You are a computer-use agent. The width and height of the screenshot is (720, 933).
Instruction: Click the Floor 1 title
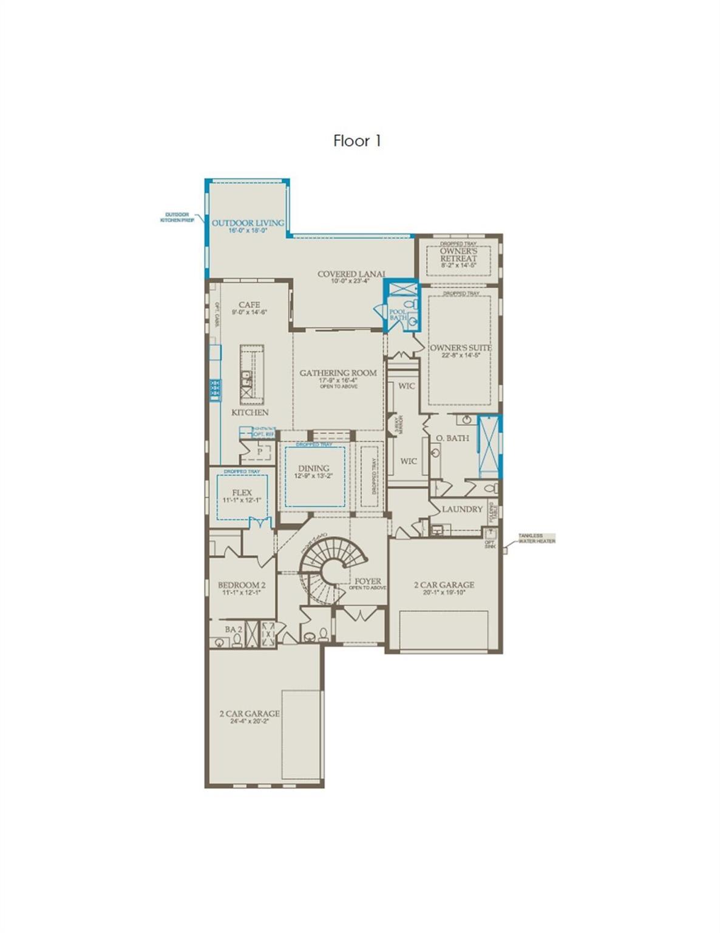pyautogui.click(x=357, y=141)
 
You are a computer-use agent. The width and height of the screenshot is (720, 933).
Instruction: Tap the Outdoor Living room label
pyautogui.click(x=248, y=223)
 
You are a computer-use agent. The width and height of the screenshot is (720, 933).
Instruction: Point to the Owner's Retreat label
pyautogui.click(x=458, y=255)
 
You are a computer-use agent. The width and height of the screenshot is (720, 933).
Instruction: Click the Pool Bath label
pyautogui.click(x=398, y=315)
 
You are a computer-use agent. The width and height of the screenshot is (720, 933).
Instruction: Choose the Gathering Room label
pyautogui.click(x=338, y=373)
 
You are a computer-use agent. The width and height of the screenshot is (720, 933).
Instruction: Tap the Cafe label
pyautogui.click(x=249, y=305)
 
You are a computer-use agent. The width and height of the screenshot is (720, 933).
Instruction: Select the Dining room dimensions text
pyautogui.click(x=314, y=476)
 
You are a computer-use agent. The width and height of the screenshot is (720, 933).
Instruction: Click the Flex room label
pyautogui.click(x=242, y=493)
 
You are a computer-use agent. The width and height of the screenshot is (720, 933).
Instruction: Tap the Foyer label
pyautogui.click(x=368, y=581)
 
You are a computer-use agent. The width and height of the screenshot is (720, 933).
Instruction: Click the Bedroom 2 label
pyautogui.click(x=242, y=585)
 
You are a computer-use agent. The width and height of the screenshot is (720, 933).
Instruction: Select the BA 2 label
pyautogui.click(x=233, y=629)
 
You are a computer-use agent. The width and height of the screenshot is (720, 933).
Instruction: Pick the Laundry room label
pyautogui.click(x=462, y=509)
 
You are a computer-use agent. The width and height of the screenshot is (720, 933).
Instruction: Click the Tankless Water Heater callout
pyautogui.click(x=536, y=538)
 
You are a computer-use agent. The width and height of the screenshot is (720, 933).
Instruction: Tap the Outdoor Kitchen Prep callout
pyautogui.click(x=177, y=217)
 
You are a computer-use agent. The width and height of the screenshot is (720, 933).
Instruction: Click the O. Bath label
pyautogui.click(x=452, y=438)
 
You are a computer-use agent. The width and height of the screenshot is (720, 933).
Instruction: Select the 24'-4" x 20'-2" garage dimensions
pyautogui.click(x=250, y=721)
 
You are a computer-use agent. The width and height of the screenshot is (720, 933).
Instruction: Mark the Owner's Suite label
pyautogui.click(x=460, y=348)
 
